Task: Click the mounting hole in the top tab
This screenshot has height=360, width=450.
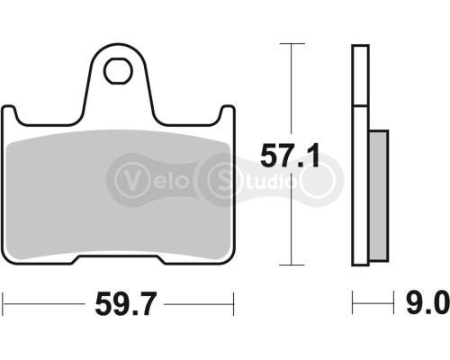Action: tap(116, 69)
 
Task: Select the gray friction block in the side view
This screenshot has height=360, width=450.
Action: tap(377, 189)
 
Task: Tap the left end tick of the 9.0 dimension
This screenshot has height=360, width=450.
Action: tap(353, 301)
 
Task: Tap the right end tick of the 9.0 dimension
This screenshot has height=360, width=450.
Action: tap(388, 301)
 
